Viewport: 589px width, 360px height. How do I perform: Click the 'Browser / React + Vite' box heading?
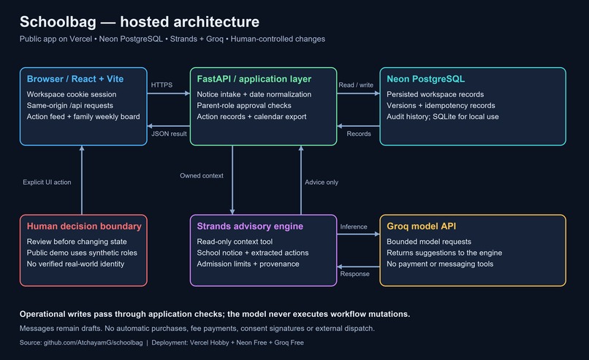click(75, 79)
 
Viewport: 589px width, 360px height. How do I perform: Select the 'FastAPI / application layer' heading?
click(254, 79)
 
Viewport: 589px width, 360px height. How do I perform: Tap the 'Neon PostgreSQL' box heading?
click(425, 79)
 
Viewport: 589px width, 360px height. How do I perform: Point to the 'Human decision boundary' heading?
click(84, 226)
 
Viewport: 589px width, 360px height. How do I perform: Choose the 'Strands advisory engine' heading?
click(250, 226)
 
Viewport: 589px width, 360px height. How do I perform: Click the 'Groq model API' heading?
click(422, 226)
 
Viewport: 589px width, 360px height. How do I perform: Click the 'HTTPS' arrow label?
click(161, 85)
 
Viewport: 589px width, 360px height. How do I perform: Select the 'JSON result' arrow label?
click(169, 134)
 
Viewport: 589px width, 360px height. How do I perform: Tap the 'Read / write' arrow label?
click(356, 85)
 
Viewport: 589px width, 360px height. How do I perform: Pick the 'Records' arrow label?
click(359, 134)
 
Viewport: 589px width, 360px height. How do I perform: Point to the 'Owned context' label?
click(202, 176)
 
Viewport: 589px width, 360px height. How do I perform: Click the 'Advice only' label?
click(322, 182)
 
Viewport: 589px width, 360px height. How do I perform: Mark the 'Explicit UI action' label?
click(47, 182)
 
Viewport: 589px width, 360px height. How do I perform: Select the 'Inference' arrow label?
click(354, 227)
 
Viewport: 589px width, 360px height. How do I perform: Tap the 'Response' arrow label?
click(354, 274)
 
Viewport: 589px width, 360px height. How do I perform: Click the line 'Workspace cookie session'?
click(72, 94)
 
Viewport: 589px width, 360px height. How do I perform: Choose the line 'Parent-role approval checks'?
click(244, 105)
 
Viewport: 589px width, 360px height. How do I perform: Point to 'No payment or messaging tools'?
click(440, 264)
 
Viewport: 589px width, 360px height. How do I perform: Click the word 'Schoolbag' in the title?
click(58, 22)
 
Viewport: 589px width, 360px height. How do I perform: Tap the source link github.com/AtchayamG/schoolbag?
click(93, 342)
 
